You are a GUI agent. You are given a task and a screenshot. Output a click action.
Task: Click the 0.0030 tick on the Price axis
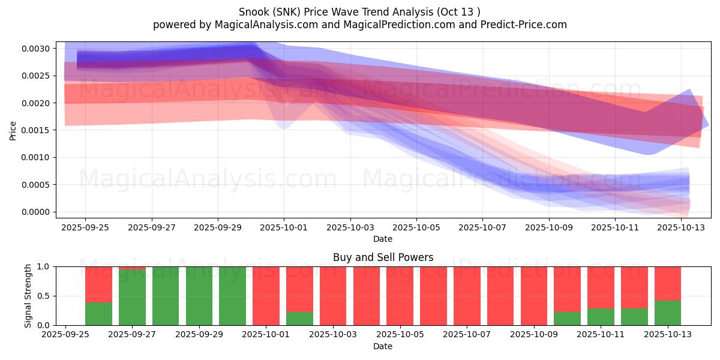point(35,49)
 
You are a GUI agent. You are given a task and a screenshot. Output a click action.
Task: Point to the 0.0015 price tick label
point(35,130)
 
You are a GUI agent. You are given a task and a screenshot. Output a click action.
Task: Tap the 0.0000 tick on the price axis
point(35,212)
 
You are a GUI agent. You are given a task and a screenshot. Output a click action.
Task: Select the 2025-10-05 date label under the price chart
point(416,228)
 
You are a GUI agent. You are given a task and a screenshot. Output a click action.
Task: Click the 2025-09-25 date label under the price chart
point(85,228)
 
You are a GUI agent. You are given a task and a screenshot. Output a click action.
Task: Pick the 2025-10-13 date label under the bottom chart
point(668,335)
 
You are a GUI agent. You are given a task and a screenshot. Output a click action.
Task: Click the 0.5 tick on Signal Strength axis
point(44,296)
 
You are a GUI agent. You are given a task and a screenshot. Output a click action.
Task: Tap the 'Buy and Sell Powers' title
point(383,257)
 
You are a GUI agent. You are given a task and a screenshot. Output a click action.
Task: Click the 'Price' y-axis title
point(13,131)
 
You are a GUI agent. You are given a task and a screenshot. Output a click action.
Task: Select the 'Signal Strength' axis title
point(28,296)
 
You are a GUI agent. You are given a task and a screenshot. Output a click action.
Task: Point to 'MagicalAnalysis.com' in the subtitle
point(266,25)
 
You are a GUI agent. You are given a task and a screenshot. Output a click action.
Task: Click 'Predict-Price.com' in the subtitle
point(524,25)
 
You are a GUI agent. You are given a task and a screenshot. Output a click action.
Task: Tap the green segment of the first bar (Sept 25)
point(98,314)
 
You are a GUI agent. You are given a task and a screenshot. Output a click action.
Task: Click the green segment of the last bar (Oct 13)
point(668,313)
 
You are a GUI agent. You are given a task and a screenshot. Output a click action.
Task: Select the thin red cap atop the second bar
point(132,268)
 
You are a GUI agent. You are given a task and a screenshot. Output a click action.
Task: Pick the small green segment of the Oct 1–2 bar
point(299,319)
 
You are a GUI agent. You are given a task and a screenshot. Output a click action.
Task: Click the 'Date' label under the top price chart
point(383,239)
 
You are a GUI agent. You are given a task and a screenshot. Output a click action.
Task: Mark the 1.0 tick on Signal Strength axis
point(44,267)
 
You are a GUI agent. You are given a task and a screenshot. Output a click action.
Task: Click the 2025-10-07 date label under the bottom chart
point(467,335)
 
